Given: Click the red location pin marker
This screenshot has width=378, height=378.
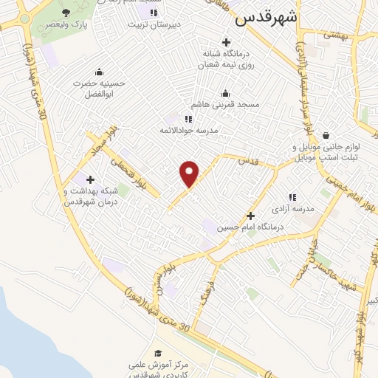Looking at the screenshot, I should click(x=190, y=173).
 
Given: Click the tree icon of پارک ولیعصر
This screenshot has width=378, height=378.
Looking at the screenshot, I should click(x=66, y=13).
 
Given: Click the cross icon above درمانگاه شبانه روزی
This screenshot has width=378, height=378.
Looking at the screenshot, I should click(x=225, y=41).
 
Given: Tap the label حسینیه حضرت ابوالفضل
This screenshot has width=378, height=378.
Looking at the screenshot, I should click(x=100, y=89).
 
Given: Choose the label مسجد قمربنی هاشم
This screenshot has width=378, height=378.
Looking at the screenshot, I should click(x=227, y=105).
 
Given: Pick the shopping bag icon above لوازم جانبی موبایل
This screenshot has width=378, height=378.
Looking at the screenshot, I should click(x=326, y=135).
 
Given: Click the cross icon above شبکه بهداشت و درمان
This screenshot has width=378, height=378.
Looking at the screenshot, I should click(x=90, y=179).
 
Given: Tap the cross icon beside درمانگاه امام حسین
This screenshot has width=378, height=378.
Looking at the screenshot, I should click(x=251, y=216).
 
